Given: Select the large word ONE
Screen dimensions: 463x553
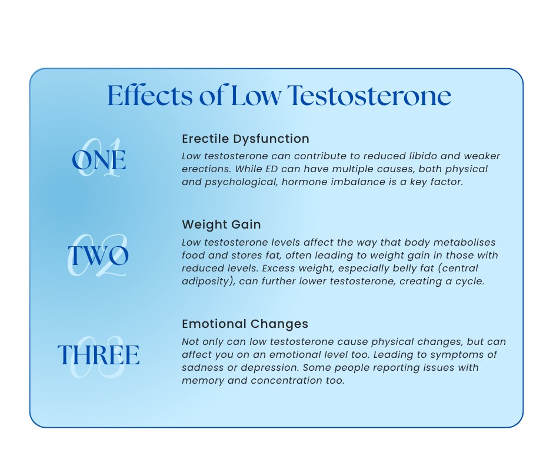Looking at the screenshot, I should pos(99,160).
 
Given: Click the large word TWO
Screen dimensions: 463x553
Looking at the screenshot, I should pos(98,256).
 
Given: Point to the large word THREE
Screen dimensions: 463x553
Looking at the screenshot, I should pos(98,355).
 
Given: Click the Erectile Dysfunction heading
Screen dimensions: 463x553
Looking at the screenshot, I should pos(245,139).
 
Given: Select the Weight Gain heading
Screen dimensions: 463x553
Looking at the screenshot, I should pos(221,224).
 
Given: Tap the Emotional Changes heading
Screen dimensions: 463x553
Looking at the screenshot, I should pos(245,324).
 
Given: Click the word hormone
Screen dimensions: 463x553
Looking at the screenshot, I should pos(305,183).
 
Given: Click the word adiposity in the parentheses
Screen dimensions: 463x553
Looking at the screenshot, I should pos(208,281).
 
